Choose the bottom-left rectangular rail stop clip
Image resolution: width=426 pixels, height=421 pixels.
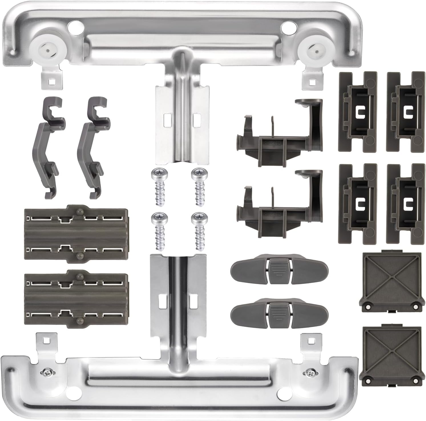[x=357, y=203]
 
